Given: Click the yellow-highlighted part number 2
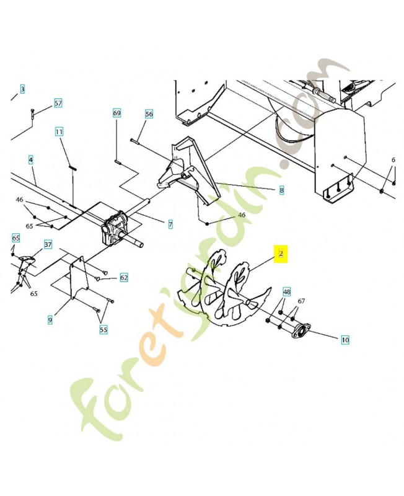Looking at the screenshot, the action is (281, 254).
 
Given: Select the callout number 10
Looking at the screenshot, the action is (345, 340).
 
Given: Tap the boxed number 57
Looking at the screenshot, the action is (58, 103).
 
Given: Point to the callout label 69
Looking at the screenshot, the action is (117, 113).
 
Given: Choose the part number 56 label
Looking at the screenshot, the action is (149, 114).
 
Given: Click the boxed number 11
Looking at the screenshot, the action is (59, 131).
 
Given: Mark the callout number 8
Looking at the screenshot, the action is (281, 190).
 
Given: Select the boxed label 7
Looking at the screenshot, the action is (170, 224).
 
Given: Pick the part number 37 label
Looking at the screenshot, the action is (48, 244).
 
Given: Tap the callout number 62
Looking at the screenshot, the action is (124, 278).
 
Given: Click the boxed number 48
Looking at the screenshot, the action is (286, 291).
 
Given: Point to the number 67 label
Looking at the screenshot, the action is (301, 301).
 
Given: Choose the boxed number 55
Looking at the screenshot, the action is (103, 330).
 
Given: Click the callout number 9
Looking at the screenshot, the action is (50, 320).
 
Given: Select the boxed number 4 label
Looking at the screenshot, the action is (30, 160).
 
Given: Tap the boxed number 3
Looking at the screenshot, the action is (22, 89).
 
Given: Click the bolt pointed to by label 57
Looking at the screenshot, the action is (33, 113).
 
